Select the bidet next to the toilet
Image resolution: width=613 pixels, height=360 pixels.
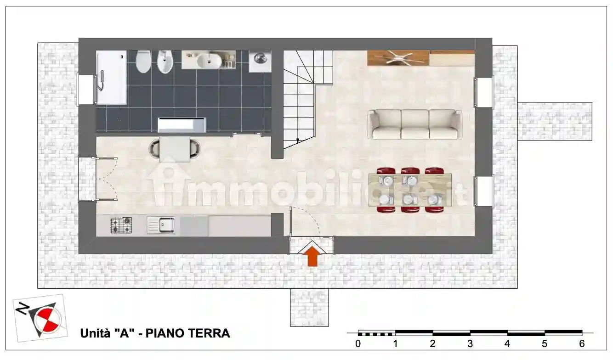click(x=164, y=62)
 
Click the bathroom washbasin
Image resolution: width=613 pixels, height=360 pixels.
click(x=210, y=60)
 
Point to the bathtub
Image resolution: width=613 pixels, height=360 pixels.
click(x=111, y=77)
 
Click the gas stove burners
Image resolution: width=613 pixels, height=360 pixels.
click(x=121, y=225)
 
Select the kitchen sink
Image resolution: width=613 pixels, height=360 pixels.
click(x=161, y=225)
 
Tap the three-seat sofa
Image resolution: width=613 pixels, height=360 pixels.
click(x=414, y=124)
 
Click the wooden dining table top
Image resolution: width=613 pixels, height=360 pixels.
click(x=410, y=190)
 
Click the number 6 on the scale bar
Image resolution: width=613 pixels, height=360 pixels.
click(x=582, y=343)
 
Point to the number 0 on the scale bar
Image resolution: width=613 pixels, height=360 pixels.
click(x=358, y=343)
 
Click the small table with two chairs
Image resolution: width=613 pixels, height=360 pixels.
click(x=175, y=148)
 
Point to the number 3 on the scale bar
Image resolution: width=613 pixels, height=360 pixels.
click(x=470, y=343)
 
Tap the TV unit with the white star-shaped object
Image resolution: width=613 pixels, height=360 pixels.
click(x=398, y=58)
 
